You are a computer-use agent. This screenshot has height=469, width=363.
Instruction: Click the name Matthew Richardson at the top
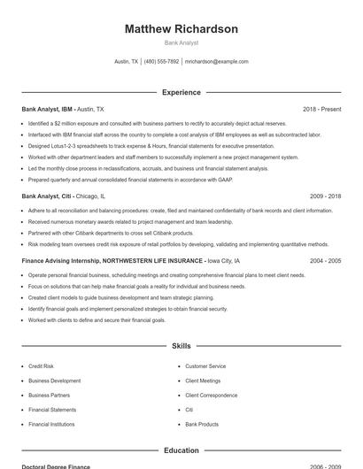(x=181, y=29)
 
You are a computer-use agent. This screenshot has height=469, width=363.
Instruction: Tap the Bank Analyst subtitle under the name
(x=181, y=42)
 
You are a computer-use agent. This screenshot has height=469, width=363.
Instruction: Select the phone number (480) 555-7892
(x=161, y=62)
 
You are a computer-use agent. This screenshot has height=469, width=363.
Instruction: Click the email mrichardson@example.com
(x=216, y=62)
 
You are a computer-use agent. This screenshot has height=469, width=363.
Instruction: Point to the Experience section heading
(x=181, y=92)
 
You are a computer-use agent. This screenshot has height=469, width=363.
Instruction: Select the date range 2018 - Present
(x=321, y=109)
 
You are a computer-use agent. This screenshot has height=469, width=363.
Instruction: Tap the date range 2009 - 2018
(x=325, y=196)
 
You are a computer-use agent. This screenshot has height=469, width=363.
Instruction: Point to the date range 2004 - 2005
(x=325, y=261)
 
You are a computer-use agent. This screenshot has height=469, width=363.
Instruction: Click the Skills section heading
(x=181, y=346)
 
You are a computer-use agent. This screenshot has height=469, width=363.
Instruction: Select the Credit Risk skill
(x=41, y=365)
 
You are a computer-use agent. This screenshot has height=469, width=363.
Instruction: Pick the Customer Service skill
(x=205, y=365)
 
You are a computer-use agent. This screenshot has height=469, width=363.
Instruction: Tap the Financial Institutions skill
(x=51, y=424)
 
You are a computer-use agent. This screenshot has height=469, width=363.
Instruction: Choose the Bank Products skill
(x=201, y=424)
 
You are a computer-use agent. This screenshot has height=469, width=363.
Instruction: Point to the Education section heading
(x=181, y=450)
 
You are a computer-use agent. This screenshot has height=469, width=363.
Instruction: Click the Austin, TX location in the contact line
(x=127, y=62)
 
